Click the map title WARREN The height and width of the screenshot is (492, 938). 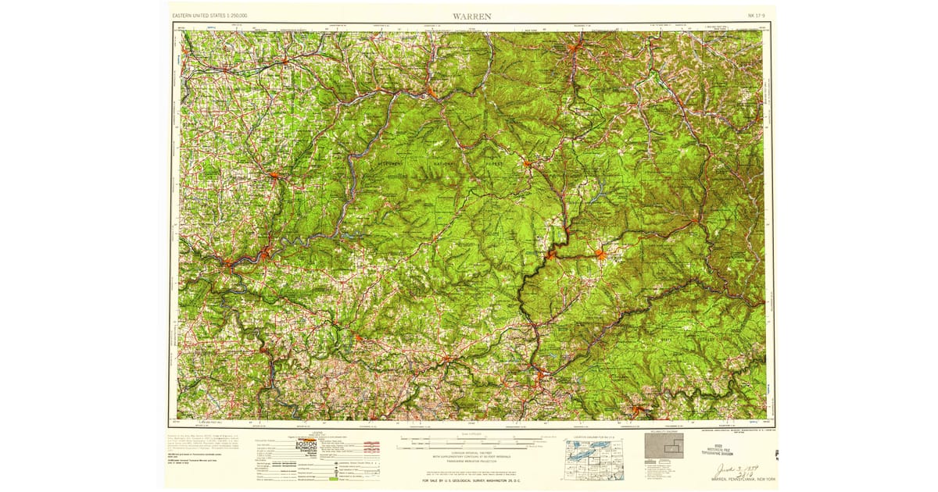[471, 15]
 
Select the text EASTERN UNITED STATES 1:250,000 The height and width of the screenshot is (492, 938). [209, 15]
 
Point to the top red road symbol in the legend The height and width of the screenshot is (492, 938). [371, 443]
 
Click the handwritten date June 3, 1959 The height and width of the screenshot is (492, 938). [739, 469]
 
